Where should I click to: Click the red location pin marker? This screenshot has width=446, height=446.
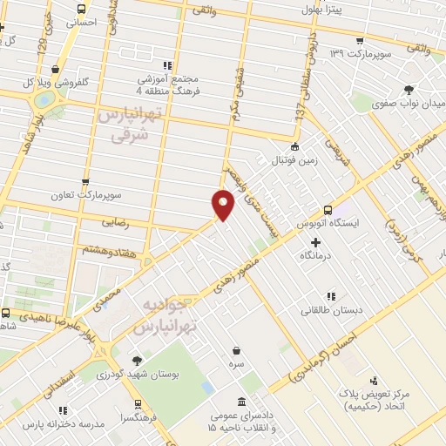point(223,205)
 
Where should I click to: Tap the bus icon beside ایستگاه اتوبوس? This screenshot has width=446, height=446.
point(328,210)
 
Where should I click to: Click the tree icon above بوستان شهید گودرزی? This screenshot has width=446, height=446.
point(137,360)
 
